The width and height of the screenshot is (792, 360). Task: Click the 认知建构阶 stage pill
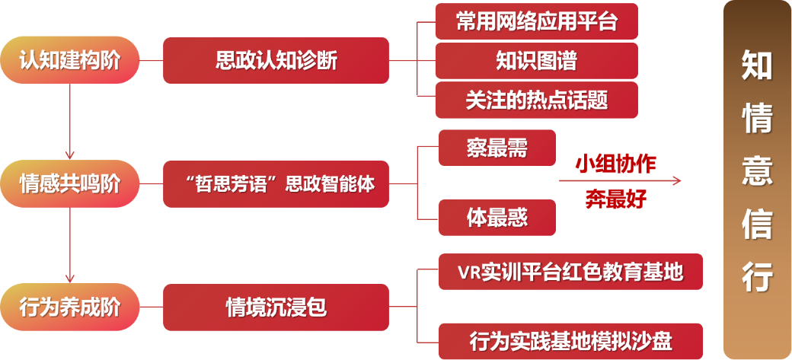tap(70, 60)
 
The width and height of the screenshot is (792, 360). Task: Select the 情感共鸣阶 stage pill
tap(70, 183)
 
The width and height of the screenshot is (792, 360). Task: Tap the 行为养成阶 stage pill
tap(70, 307)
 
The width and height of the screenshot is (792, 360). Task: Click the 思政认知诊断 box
tap(276, 60)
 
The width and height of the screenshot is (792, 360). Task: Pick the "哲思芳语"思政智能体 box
tap(276, 183)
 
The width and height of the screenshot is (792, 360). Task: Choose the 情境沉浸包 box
tap(276, 307)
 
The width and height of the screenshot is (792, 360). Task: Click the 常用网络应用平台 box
tap(536, 21)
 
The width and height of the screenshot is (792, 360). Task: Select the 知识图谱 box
tap(536, 60)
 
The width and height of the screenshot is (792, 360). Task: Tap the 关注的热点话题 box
tap(536, 100)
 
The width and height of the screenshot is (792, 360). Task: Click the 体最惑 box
tap(497, 218)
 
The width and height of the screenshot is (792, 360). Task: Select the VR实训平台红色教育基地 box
tap(570, 272)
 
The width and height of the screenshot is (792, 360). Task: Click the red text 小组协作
tap(615, 164)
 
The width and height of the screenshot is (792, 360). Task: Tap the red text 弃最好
tap(615, 199)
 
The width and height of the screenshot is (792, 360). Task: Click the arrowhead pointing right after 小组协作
tap(676, 181)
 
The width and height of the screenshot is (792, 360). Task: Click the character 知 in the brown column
tap(757, 66)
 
